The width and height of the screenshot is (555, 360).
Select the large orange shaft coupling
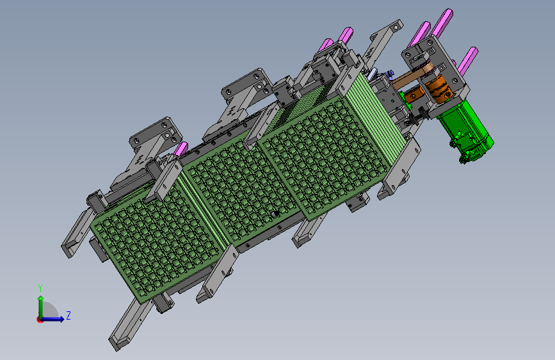pyautogui.click(x=439, y=88)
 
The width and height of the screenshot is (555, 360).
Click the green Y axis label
pyautogui.click(x=40, y=288)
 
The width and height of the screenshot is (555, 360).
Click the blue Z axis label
pyautogui.click(x=68, y=315)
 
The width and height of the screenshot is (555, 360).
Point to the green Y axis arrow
pyautogui.click(x=41, y=307)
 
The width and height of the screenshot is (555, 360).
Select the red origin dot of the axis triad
pyautogui.click(x=40, y=320)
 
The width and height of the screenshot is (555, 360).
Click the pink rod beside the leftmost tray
pyautogui.click(x=181, y=149)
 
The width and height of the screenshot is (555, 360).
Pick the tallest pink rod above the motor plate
pyautogui.click(x=442, y=22)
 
